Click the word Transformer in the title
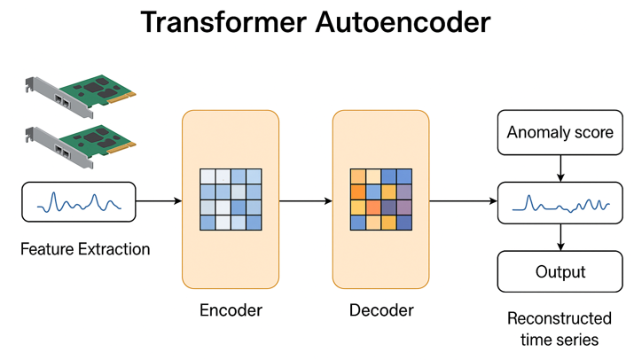(x=223, y=22)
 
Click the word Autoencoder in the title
(x=403, y=22)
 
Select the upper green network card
(x=81, y=96)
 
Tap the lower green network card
(x=81, y=146)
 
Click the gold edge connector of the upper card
(x=121, y=98)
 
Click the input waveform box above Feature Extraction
(x=79, y=202)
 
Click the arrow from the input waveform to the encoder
(x=159, y=201)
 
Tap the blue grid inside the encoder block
(x=231, y=200)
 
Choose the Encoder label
(x=231, y=310)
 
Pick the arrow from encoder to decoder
(x=306, y=201)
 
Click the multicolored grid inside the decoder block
(x=381, y=200)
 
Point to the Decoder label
(x=381, y=310)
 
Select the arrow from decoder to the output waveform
(x=464, y=201)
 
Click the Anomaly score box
(x=560, y=132)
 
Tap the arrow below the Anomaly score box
(x=560, y=168)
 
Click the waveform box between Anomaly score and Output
(x=560, y=203)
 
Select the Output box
(x=560, y=271)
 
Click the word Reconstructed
(x=560, y=318)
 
